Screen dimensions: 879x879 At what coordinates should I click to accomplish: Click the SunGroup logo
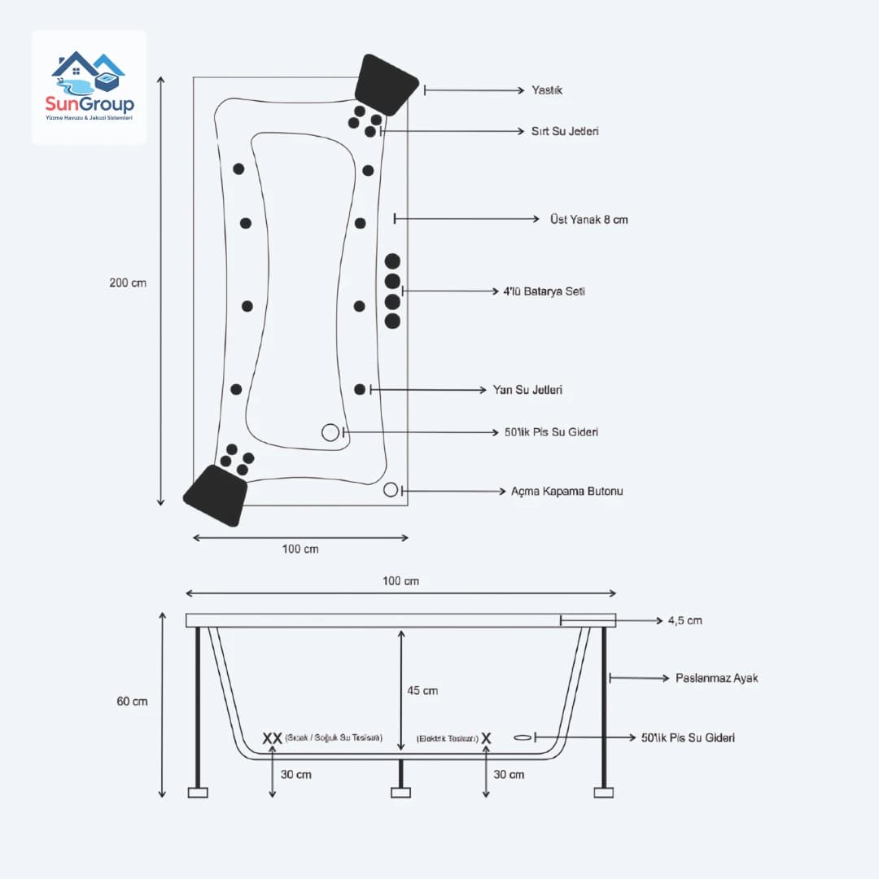90,87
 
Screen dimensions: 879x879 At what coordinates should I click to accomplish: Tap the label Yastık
546,90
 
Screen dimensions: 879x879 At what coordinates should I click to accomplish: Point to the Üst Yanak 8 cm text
588,220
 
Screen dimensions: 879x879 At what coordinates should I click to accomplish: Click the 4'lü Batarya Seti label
544,291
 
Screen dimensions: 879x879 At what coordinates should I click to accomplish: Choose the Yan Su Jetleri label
527,391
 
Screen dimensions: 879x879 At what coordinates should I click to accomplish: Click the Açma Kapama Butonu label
566,492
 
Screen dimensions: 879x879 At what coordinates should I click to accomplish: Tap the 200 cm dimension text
128,283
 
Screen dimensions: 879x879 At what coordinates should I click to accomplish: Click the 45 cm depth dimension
422,691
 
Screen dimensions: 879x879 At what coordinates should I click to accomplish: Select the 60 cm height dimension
133,701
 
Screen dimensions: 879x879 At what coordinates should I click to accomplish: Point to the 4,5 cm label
684,621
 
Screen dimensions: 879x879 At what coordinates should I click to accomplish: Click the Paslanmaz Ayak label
716,678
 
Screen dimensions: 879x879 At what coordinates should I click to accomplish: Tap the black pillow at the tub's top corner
386,85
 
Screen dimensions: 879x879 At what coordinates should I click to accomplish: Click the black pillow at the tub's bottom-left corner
216,495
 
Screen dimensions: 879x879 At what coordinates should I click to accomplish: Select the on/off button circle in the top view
391,490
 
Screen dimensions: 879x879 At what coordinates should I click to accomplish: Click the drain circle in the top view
330,433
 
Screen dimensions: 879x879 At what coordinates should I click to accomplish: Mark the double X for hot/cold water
272,738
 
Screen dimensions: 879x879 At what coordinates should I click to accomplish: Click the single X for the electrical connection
486,738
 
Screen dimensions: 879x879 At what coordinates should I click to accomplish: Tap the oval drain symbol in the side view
523,737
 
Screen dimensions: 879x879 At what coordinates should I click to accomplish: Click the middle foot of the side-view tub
400,792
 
